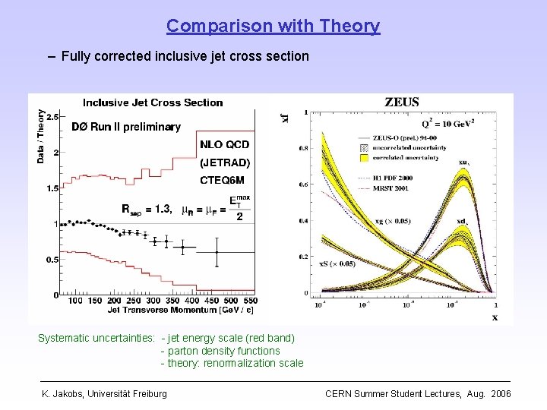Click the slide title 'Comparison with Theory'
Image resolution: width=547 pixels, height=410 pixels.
273,26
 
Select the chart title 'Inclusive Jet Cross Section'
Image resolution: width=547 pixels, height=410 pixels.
153,102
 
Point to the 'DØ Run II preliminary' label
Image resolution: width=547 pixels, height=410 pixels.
125,127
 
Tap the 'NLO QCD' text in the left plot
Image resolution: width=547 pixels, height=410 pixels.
224,144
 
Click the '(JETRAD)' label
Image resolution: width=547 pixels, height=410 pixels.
224,162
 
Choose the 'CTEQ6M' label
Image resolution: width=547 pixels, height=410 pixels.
222,180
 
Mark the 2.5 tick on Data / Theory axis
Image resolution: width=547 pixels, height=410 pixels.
52,118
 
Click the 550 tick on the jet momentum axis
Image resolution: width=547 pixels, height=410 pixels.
248,301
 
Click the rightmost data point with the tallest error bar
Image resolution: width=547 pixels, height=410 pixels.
217,252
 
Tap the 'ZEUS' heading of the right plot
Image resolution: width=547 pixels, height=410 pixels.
401,102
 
